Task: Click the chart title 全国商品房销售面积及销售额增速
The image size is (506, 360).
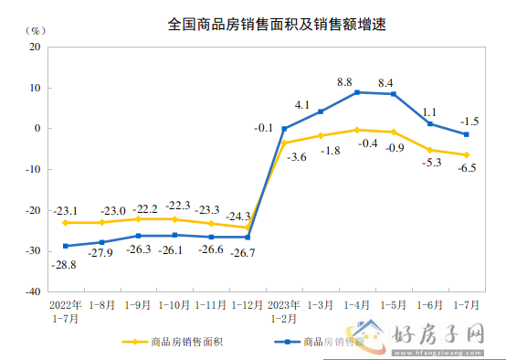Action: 264,25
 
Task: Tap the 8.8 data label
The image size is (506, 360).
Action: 344,82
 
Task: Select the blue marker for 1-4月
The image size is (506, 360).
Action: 357,92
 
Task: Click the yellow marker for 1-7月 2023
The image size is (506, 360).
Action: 467,154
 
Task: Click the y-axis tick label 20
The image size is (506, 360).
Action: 35,47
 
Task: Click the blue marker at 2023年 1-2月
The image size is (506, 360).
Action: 284,129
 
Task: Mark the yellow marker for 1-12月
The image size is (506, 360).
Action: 248,228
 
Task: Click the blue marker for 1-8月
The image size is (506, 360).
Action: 101,242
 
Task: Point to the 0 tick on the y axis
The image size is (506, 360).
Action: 37,129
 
